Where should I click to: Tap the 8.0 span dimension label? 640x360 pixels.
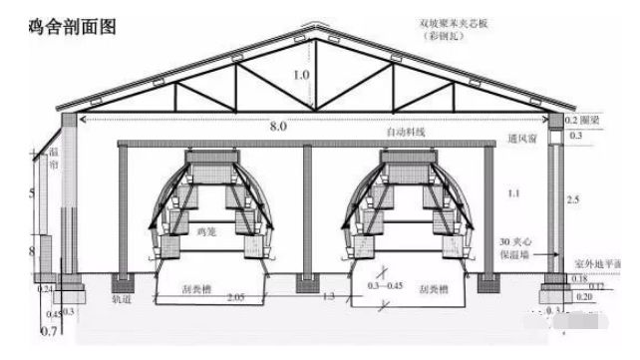(x=279, y=126)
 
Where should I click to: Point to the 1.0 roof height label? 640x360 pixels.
(x=302, y=75)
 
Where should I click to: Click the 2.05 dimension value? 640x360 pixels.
(x=235, y=297)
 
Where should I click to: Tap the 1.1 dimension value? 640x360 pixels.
(x=514, y=190)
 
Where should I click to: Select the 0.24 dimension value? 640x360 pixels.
(x=44, y=288)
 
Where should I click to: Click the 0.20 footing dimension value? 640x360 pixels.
(x=583, y=297)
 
